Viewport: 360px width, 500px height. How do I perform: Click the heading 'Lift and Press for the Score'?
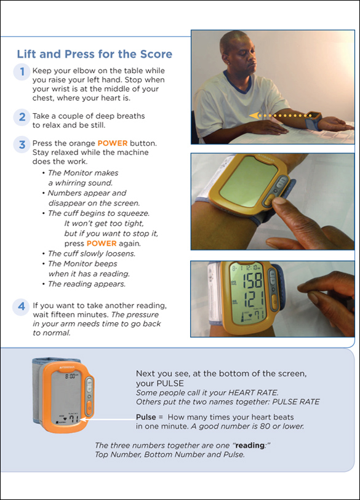coord(94,54)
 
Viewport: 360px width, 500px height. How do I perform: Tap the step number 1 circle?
coord(22,72)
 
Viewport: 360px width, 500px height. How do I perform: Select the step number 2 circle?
coord(22,116)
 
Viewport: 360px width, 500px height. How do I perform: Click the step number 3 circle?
coord(22,145)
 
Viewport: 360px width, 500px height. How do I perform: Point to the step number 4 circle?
coord(22,306)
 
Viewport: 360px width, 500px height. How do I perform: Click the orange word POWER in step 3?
coord(113,143)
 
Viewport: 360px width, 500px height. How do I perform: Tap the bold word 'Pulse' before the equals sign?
coord(146,416)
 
